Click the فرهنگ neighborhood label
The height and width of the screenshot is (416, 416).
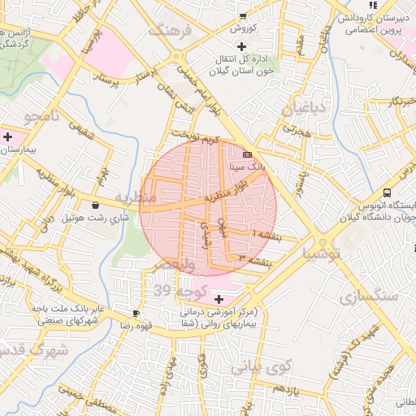pos(170,31)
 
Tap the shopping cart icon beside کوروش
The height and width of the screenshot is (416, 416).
pos(242,15)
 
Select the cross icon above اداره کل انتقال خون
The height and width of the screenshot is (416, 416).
pos(241,45)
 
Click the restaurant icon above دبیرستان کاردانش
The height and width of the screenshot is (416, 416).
pos(373,4)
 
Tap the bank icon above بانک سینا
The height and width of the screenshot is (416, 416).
pos(247,154)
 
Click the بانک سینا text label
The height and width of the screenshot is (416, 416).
pos(247,166)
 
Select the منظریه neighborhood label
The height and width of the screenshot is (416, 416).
pos(134,197)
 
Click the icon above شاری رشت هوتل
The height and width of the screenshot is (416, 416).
pos(97,206)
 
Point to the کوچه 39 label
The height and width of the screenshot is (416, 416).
pos(172,291)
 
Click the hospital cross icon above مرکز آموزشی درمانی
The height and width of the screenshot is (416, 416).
pos(217,299)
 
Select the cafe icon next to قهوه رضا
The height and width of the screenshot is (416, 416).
pos(136,313)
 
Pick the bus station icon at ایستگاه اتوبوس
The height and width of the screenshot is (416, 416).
pos(387,193)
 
